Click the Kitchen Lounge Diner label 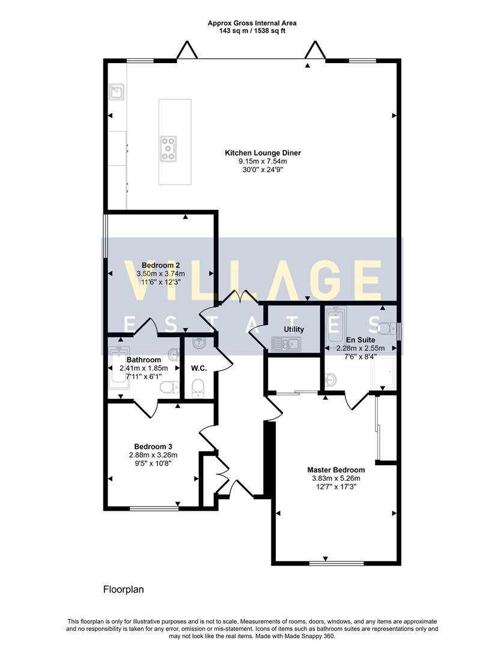click(263, 153)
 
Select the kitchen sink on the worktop click(117, 92)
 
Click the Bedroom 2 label click(160, 265)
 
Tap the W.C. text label click(199, 368)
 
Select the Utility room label click(294, 329)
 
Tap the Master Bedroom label click(336, 470)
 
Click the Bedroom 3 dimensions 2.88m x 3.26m click(153, 455)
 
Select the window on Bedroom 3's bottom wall click(154, 508)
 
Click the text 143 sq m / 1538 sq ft click(252, 31)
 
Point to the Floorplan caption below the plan click(123, 590)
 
